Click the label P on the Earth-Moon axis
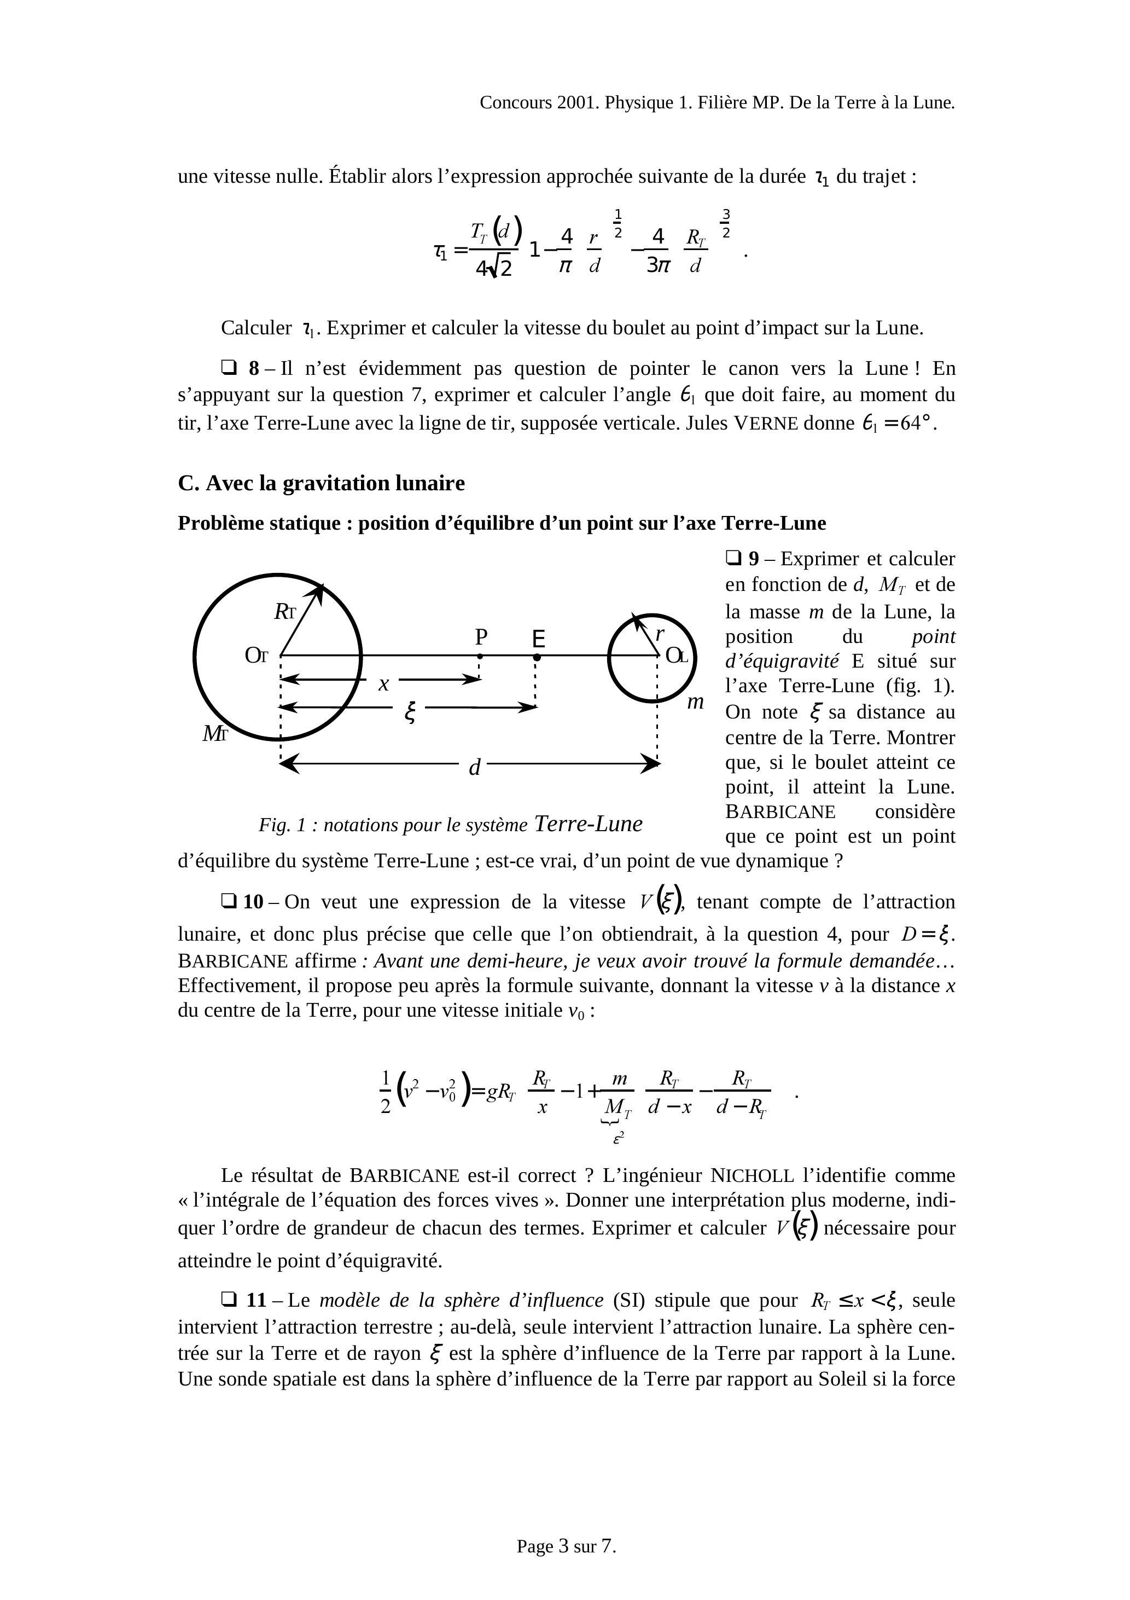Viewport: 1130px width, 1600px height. point(481,636)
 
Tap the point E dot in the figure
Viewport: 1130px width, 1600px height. point(537,657)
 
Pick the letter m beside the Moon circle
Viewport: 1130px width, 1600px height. point(695,702)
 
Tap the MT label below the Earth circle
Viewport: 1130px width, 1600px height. point(214,733)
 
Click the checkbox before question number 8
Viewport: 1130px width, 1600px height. point(229,367)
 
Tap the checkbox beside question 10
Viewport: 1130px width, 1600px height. point(229,901)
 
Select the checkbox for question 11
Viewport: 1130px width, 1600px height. point(229,1300)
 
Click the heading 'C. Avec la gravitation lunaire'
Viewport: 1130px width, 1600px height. point(321,483)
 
